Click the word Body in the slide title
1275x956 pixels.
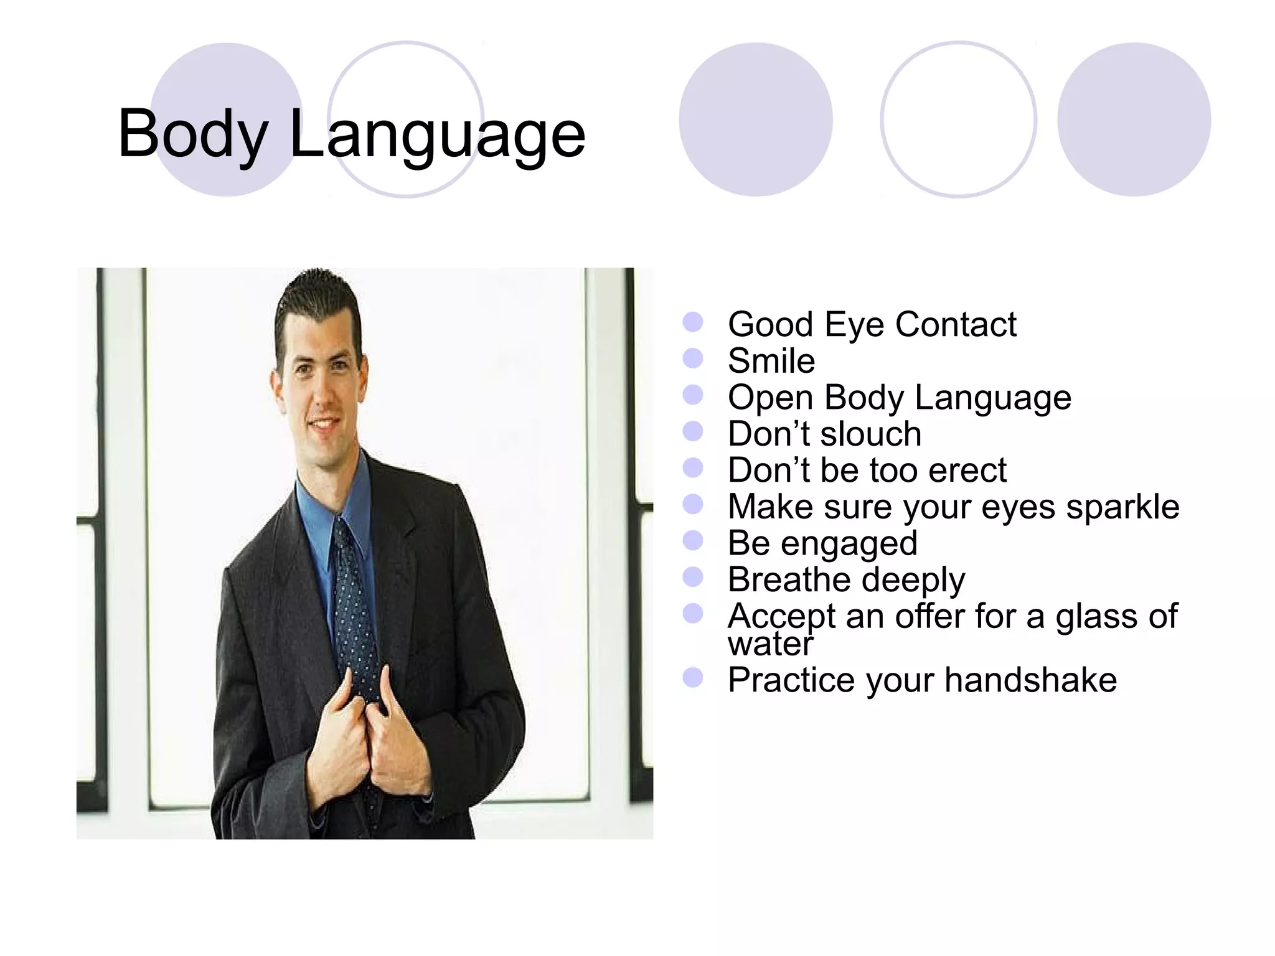click(x=192, y=134)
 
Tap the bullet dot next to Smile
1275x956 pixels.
click(x=692, y=358)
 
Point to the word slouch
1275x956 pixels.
click(x=870, y=434)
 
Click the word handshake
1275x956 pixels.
click(x=1030, y=680)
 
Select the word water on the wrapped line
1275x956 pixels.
click(x=770, y=644)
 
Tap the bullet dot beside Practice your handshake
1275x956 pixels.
click(x=692, y=677)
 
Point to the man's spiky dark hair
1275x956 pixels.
click(x=318, y=296)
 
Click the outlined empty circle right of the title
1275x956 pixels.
click(x=958, y=119)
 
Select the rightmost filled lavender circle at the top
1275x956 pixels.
click(x=1134, y=119)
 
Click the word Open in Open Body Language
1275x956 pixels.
click(x=770, y=398)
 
